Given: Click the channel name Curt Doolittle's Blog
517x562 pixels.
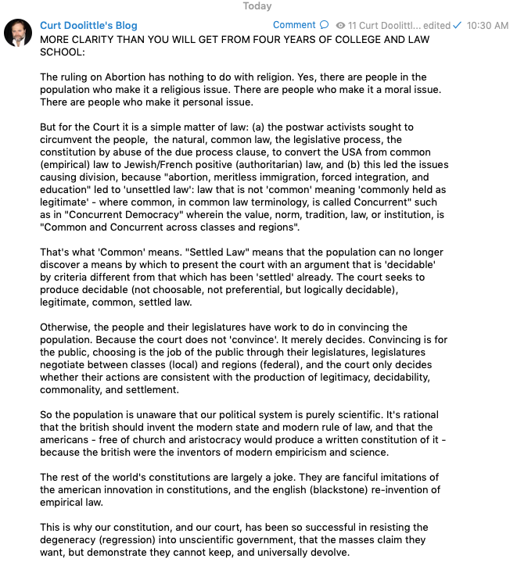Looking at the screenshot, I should [88, 25].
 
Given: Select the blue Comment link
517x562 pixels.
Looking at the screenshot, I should [294, 25].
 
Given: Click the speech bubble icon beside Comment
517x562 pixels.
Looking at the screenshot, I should [325, 25].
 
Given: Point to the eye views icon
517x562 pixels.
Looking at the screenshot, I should [340, 26].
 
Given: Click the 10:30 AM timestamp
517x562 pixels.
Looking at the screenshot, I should [487, 25].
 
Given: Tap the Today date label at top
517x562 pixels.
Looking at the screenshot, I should [257, 6].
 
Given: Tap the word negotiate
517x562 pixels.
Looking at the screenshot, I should [66, 364].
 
